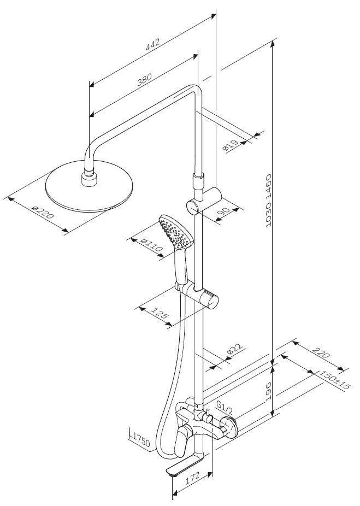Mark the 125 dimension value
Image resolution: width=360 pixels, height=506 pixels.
coord(158,314)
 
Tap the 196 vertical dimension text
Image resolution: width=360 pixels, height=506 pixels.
coord(268,392)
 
